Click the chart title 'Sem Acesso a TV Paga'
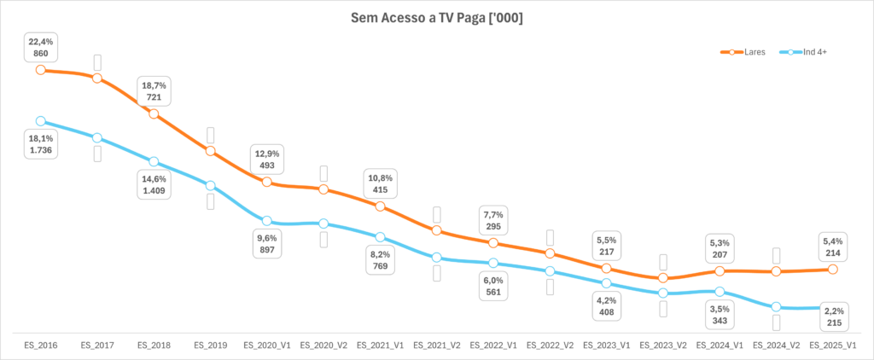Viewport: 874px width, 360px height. coord(437,18)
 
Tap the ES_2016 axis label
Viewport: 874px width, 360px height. coord(40,345)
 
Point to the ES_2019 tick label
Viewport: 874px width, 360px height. coord(210,345)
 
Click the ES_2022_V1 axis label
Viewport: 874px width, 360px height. coord(493,345)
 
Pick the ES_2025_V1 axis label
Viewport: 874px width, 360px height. coord(833,345)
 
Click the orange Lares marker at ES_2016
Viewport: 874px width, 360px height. coord(40,70)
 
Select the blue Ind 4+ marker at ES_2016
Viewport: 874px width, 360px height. coord(40,121)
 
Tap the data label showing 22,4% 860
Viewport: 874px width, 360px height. coord(40,47)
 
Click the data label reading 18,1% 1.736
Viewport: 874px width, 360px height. coord(40,144)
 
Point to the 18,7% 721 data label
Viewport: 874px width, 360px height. coord(154,91)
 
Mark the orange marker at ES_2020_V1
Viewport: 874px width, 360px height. coord(267,183)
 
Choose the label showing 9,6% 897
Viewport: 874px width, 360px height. coord(267,245)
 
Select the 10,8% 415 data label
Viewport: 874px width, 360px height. coord(381,183)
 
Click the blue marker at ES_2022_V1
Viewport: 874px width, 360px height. coord(493,263)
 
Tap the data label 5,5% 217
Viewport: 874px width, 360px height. coord(606,247)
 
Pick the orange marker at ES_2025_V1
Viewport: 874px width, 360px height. coord(833,270)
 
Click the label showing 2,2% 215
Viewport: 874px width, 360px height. coord(833,331)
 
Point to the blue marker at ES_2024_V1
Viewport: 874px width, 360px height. coord(720,292)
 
